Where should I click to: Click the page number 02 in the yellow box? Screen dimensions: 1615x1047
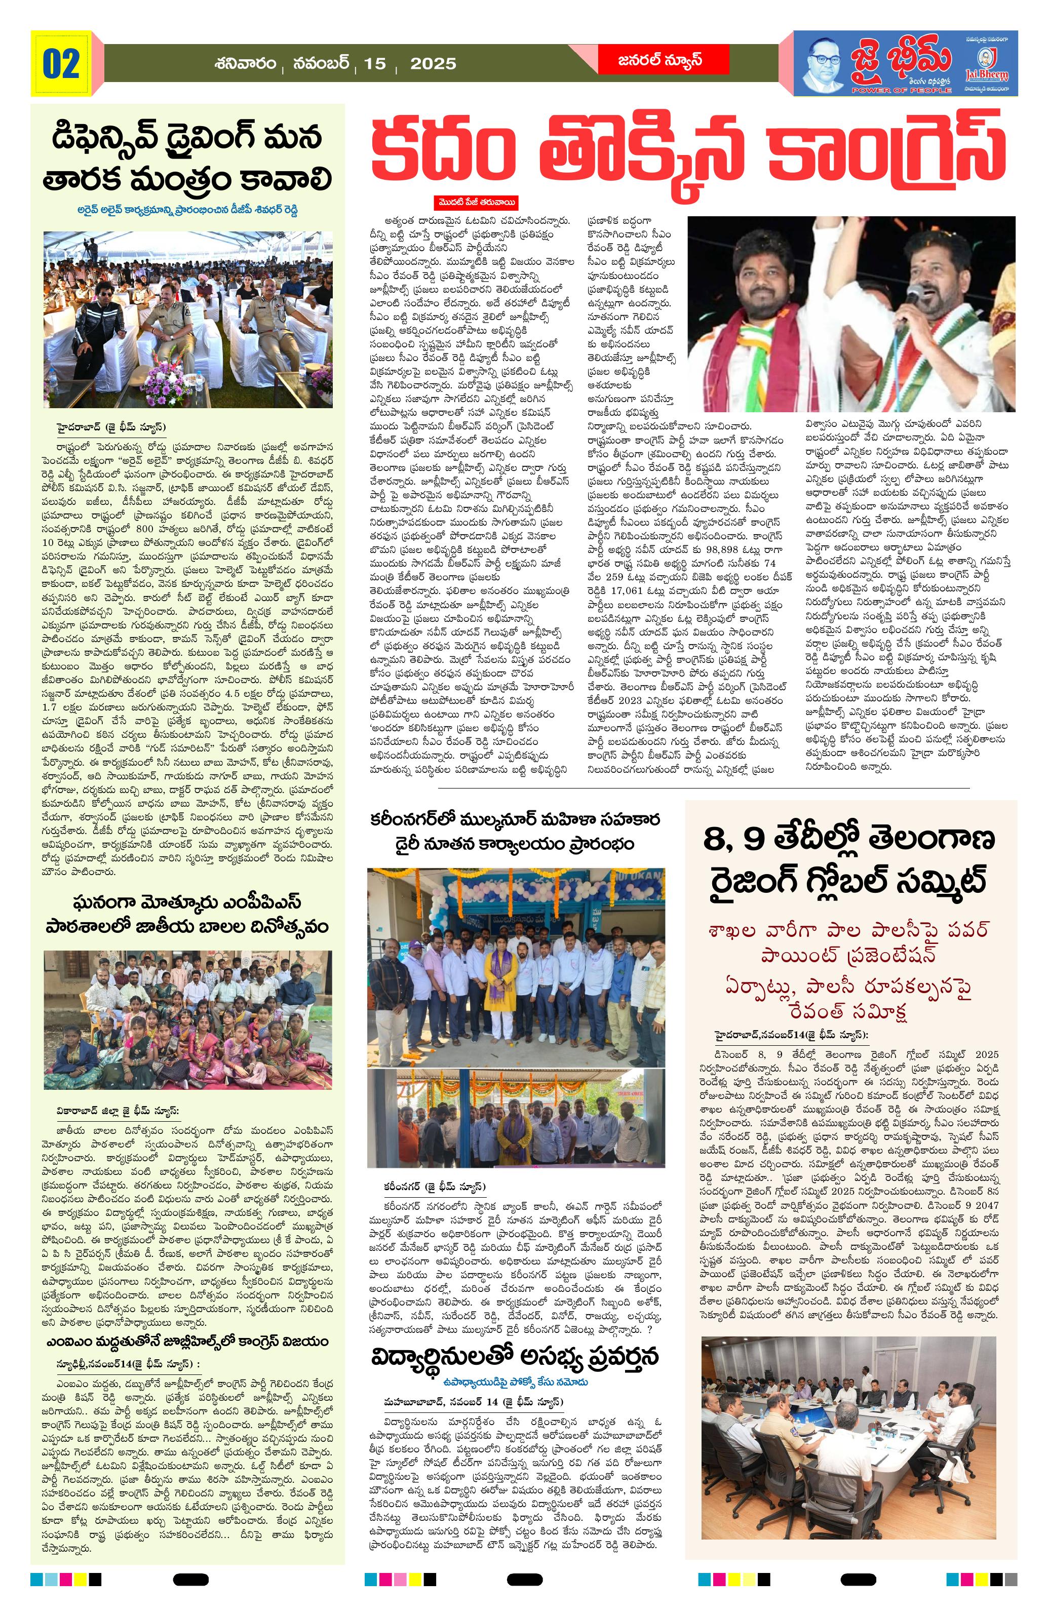coord(62,64)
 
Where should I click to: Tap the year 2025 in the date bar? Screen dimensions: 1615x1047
coord(433,64)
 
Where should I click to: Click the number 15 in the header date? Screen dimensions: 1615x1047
coord(374,64)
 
